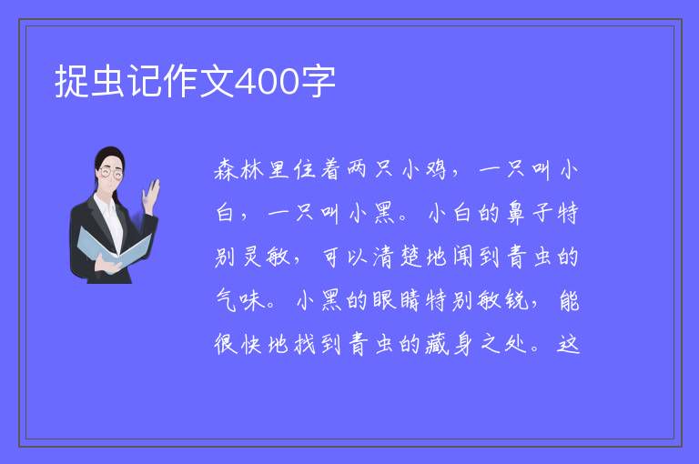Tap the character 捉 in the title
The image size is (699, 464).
coord(71,82)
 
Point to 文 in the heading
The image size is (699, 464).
coord(217,82)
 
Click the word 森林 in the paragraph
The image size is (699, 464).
coord(239,169)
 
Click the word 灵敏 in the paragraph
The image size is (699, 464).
coord(266,257)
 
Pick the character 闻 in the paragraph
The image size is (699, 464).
coord(463,257)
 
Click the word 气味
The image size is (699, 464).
coord(240,300)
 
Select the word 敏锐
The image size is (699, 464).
coord(502,300)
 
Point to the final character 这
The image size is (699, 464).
coord(568,344)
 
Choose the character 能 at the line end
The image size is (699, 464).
coord(569,300)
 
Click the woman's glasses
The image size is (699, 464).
coord(110,173)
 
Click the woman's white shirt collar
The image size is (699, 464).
coord(107,199)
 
